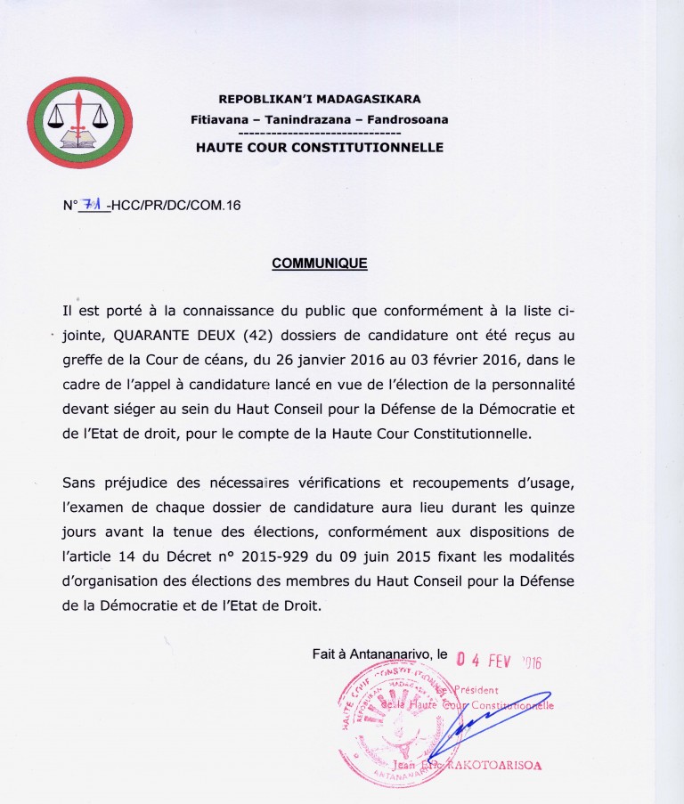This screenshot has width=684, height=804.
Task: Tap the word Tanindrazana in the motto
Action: coord(319,118)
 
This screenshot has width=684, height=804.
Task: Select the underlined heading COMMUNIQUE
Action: coord(319,264)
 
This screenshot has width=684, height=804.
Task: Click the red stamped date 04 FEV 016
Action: coord(499,661)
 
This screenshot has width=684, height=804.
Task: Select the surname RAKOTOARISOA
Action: coord(500,765)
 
